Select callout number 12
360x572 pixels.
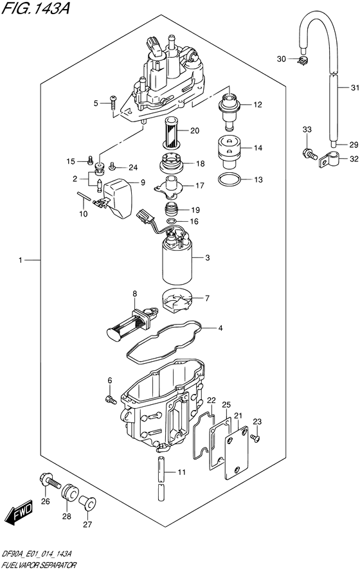[x=257, y=105]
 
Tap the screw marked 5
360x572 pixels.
[x=114, y=100]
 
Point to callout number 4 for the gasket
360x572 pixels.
[x=220, y=328]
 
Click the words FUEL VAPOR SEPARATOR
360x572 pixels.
[x=39, y=564]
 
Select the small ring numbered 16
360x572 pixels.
[x=173, y=222]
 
